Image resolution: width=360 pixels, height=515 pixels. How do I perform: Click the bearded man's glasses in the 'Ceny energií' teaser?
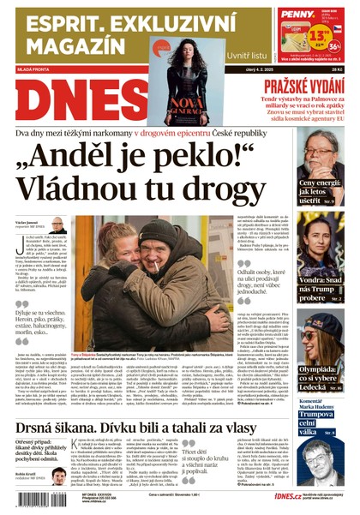tap(325, 146)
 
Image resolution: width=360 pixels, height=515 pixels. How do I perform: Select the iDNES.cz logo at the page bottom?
tap(264, 496)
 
